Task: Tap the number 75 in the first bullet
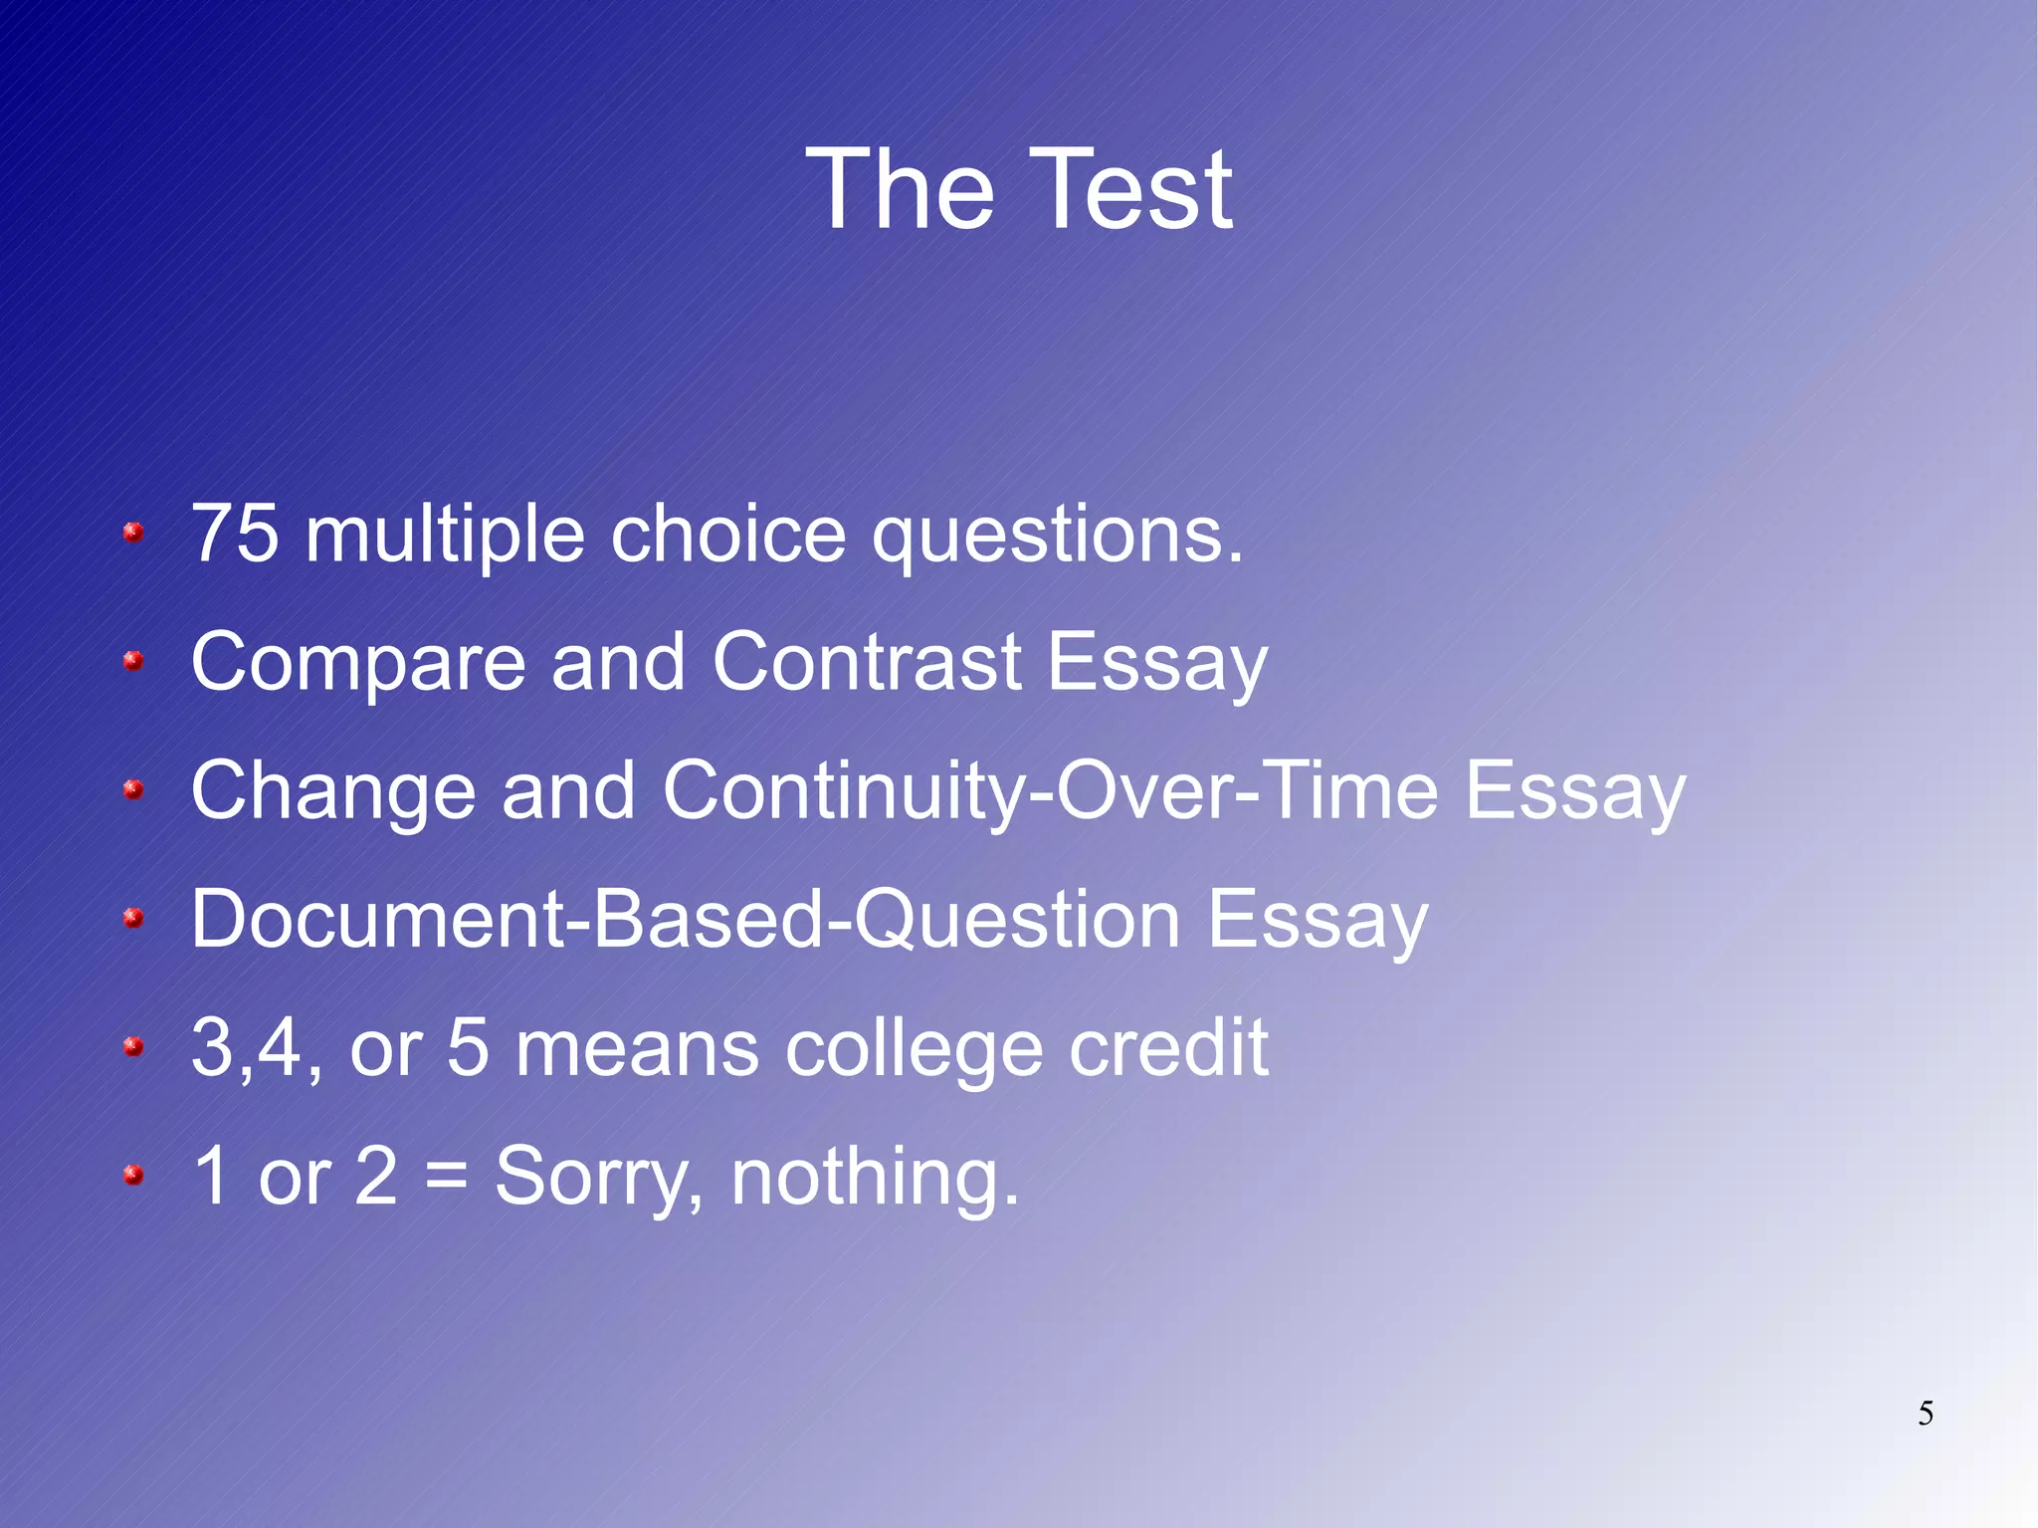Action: (x=235, y=535)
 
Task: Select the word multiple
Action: (x=445, y=535)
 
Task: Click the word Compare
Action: (x=358, y=663)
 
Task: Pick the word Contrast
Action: (x=867, y=661)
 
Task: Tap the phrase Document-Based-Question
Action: (x=686, y=919)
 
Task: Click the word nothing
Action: (x=875, y=1178)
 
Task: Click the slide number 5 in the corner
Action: (x=1926, y=1414)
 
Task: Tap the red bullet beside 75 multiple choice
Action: (x=133, y=534)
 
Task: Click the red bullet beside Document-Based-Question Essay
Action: (x=133, y=919)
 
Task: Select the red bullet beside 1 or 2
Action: (x=133, y=1177)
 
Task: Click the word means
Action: (x=637, y=1049)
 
